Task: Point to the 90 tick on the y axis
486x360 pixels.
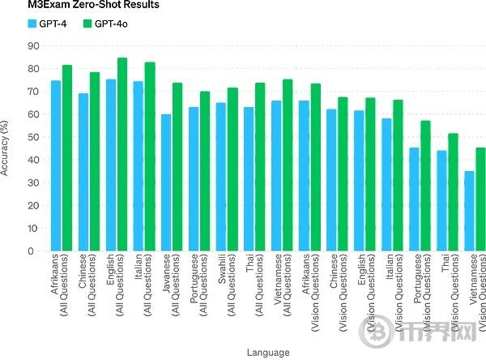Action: coord(32,46)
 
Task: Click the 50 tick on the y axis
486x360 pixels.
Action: coord(32,137)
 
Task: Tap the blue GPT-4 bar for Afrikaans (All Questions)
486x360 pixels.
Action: coord(56,165)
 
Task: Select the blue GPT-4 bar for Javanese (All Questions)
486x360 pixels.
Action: coord(166,182)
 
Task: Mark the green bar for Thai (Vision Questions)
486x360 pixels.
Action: coord(452,192)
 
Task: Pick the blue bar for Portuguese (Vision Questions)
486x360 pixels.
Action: coord(414,199)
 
